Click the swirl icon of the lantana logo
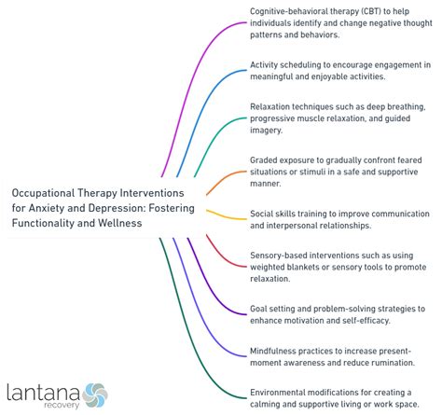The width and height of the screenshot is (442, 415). click(96, 393)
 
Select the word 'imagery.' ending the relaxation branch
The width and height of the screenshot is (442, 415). click(270, 131)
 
